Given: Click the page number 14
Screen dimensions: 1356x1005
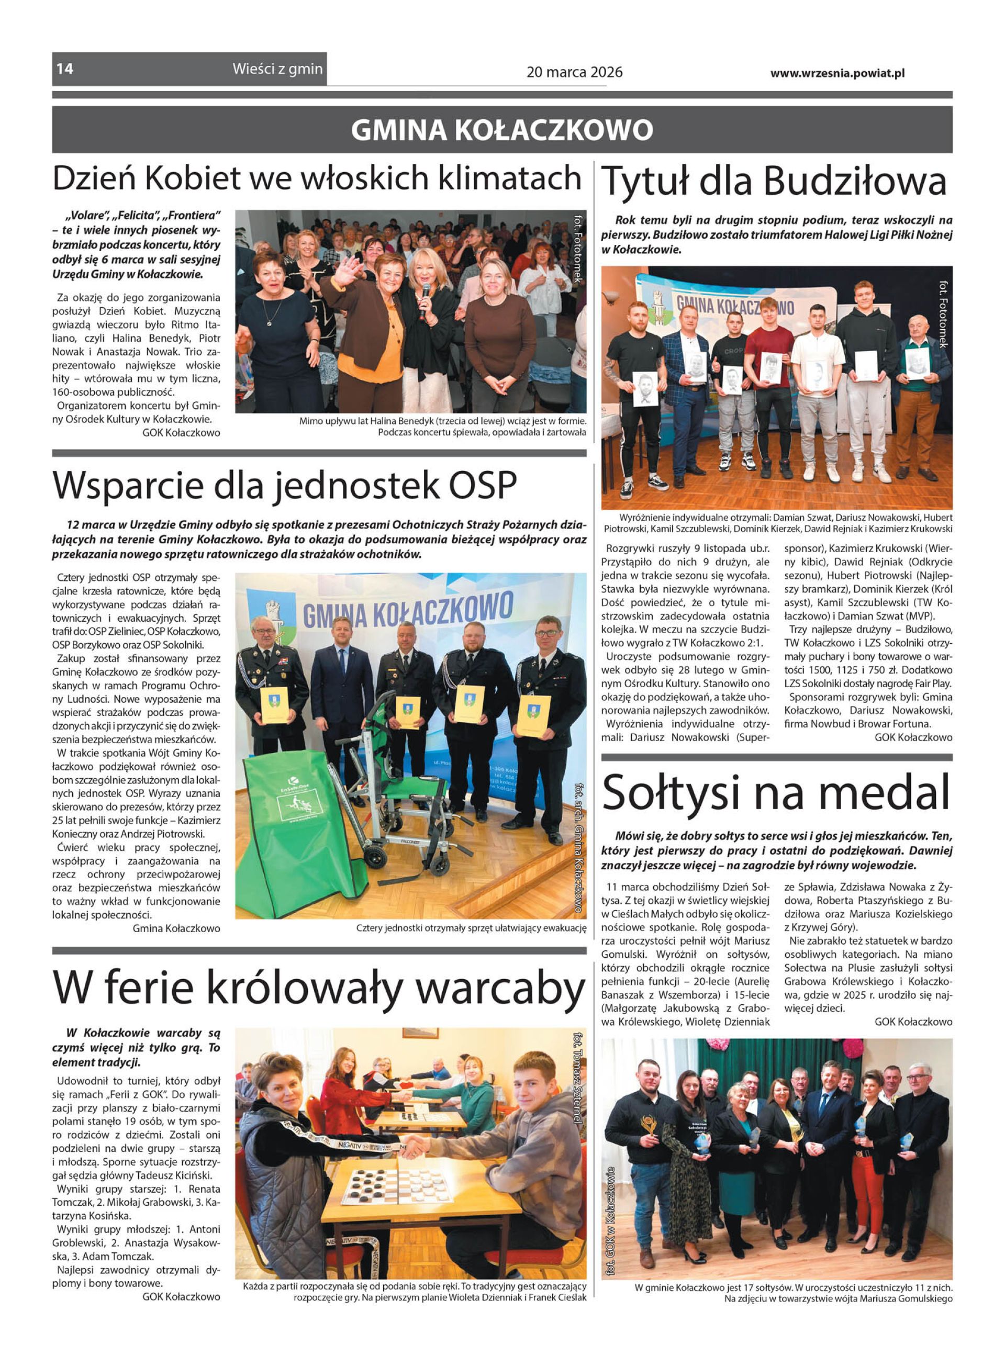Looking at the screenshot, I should [65, 69].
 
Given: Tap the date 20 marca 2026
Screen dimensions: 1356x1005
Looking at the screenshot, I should [574, 72].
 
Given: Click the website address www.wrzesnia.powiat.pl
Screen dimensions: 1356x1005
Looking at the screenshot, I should [837, 73].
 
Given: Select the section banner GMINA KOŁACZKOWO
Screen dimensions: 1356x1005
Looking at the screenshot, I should [502, 129].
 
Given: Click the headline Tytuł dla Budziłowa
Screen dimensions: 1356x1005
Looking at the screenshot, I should [774, 181].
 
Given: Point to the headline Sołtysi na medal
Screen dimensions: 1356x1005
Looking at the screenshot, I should [776, 792].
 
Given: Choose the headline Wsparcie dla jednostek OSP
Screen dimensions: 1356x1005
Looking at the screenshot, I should [285, 485].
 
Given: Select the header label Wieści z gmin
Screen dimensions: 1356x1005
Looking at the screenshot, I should [277, 69].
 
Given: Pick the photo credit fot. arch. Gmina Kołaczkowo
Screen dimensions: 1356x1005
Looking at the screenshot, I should [578, 845].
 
